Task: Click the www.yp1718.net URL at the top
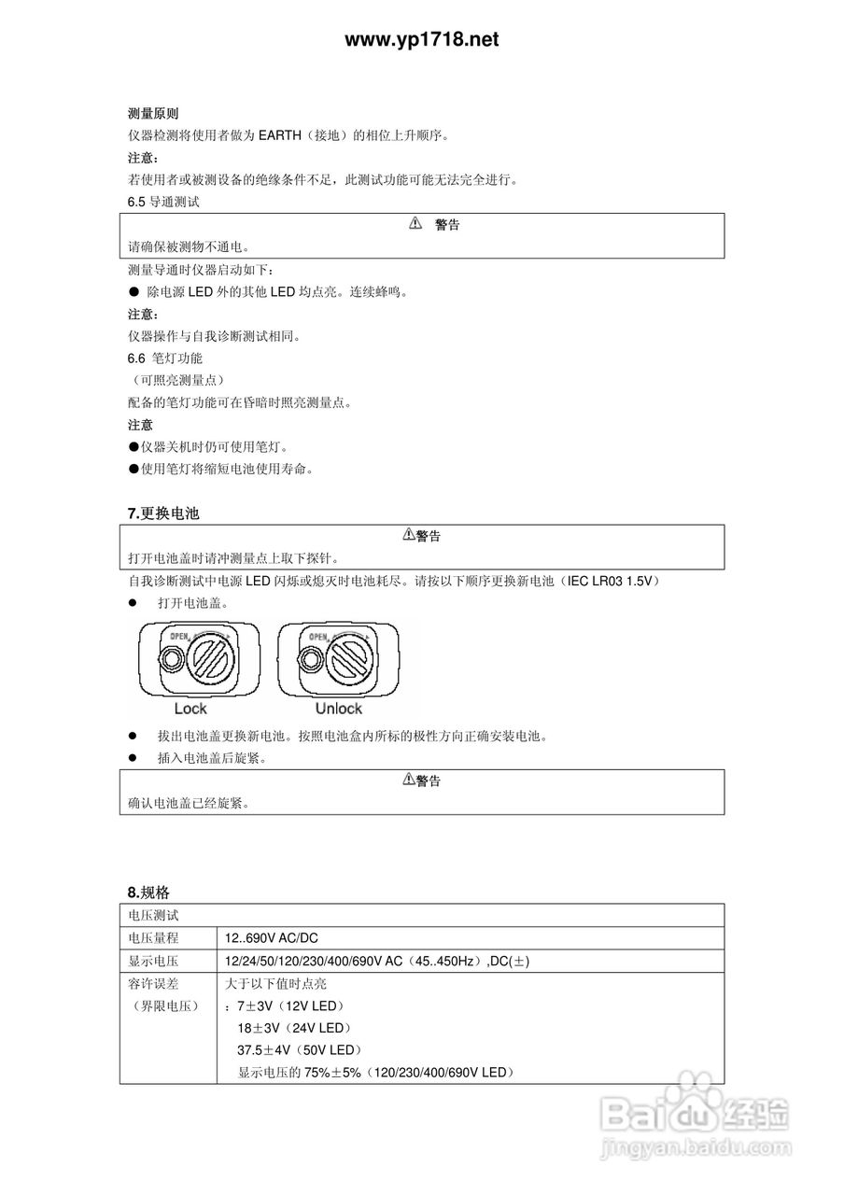(x=421, y=39)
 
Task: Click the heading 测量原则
(x=153, y=114)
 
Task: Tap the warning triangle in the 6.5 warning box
(x=416, y=224)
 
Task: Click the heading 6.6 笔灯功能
(x=165, y=358)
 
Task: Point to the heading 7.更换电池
(x=163, y=513)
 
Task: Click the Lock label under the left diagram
(x=190, y=709)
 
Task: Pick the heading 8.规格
(x=148, y=892)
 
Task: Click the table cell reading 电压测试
(x=153, y=916)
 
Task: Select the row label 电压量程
(x=153, y=938)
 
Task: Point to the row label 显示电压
(x=153, y=962)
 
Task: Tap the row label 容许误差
(x=153, y=984)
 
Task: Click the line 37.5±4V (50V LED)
(x=299, y=1050)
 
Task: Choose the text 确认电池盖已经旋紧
(x=189, y=803)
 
